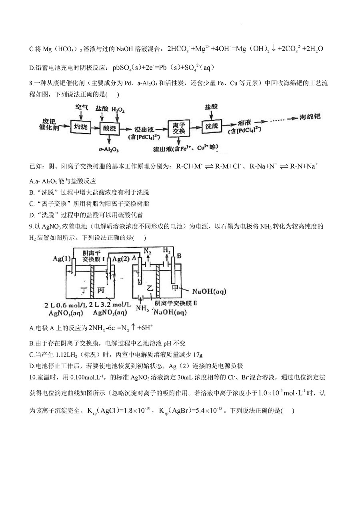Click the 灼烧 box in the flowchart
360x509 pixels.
click(80, 127)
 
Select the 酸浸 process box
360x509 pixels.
click(110, 128)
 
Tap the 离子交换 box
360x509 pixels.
click(179, 128)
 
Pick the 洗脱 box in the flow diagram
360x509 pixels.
click(212, 126)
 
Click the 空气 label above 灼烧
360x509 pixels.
click(82, 108)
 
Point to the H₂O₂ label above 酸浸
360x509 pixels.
click(118, 110)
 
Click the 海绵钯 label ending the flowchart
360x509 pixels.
click(310, 117)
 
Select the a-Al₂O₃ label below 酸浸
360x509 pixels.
click(109, 150)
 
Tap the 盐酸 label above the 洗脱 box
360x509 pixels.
click(211, 107)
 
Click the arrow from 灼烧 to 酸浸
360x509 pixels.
click(95, 128)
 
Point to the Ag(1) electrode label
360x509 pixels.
click(62, 259)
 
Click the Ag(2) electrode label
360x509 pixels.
click(121, 259)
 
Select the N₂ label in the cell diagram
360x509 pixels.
click(148, 251)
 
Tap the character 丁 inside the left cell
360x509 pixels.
click(84, 290)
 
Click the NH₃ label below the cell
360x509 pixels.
click(142, 308)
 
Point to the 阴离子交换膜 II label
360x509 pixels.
click(176, 303)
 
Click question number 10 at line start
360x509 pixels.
click(33, 377)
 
